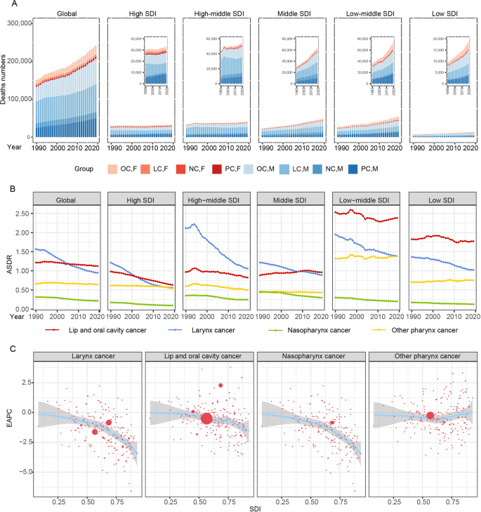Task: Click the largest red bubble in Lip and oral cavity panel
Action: tap(206, 419)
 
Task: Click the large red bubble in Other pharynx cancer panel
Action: tap(391, 416)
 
